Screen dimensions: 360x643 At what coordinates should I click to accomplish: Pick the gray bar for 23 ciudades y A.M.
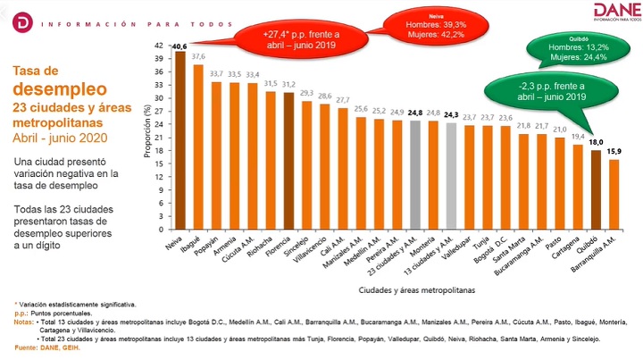pos(416,175)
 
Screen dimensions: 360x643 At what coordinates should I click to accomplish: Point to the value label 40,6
pos(180,46)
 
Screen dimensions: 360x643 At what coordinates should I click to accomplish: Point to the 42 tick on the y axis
pos(159,46)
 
